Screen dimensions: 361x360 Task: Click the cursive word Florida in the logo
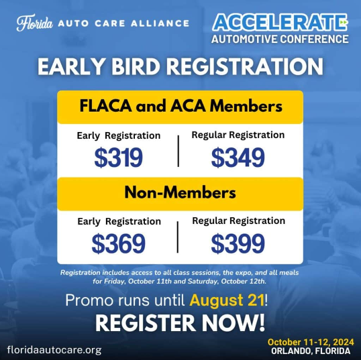click(x=34, y=23)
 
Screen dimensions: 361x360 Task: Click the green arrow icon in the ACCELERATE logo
click(x=343, y=22)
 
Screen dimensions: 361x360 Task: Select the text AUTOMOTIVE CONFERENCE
click(x=280, y=39)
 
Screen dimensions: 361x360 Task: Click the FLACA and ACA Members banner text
click(x=180, y=107)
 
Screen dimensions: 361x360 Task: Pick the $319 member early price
click(x=118, y=158)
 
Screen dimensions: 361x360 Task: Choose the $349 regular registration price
click(x=238, y=158)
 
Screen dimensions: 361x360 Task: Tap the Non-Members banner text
click(x=180, y=192)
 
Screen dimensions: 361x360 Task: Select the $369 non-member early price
click(x=118, y=243)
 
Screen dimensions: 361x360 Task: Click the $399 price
click(x=238, y=243)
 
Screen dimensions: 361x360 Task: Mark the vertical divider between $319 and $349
click(x=178, y=151)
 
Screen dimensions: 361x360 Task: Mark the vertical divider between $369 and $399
click(x=178, y=237)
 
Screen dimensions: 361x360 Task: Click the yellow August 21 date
click(x=227, y=300)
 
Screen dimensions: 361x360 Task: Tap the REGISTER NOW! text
click(x=180, y=323)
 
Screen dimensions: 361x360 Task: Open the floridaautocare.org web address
click(x=54, y=350)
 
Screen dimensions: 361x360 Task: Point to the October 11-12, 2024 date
click(x=311, y=342)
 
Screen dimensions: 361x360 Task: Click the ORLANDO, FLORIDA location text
click(x=311, y=351)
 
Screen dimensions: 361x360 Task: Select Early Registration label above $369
click(x=119, y=221)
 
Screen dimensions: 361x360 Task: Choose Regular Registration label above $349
click(x=238, y=135)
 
